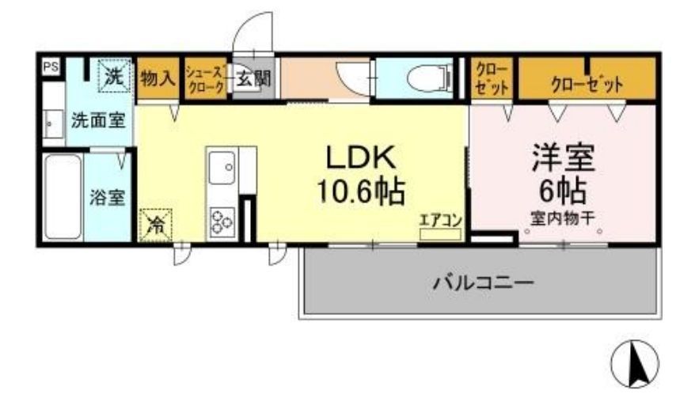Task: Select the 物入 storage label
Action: coord(158,79)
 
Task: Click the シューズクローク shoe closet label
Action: coord(205,79)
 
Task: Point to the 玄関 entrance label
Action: coord(253,79)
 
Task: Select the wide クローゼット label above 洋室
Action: coord(587,83)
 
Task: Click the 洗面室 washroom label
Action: coord(98,121)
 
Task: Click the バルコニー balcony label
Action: coord(482,282)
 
